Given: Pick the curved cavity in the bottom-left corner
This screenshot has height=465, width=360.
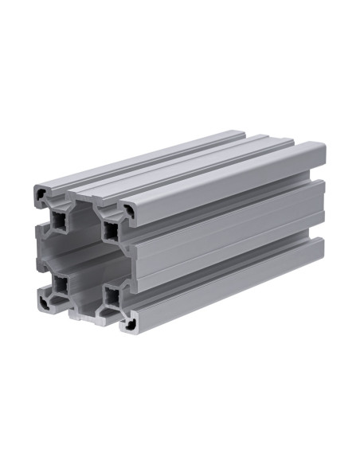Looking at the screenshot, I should point(43,300).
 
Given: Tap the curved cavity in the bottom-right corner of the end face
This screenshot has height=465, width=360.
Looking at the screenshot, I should point(127,321).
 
